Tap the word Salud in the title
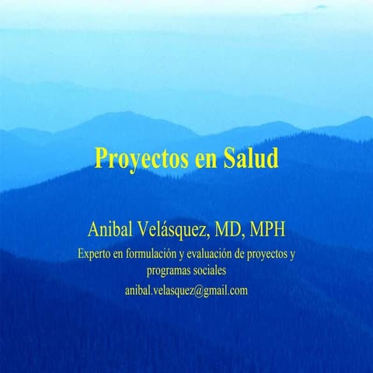pos(250,158)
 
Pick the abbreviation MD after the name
pos(241,230)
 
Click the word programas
pos(170,271)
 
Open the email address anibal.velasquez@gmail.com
pos(186,290)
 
